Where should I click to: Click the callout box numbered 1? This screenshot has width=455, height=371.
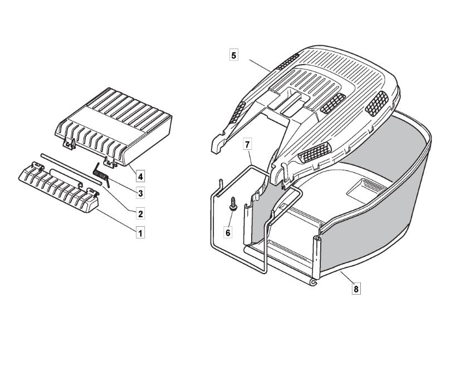(x=140, y=233)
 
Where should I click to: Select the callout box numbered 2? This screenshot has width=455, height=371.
(x=140, y=214)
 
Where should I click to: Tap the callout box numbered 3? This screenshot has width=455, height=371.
(x=140, y=193)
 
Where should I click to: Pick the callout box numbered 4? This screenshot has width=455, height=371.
(x=140, y=176)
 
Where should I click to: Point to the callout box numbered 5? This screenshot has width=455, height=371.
(x=234, y=55)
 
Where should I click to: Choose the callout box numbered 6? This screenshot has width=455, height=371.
(x=228, y=232)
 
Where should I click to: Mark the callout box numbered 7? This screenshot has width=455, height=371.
(x=247, y=144)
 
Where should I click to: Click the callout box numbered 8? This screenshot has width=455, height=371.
(x=356, y=289)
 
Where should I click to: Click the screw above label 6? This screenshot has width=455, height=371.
(x=233, y=204)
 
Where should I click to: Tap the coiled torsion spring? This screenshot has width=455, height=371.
(x=101, y=175)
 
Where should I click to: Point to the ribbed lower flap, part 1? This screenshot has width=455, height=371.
(x=58, y=187)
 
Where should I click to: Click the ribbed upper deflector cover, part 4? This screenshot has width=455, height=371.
(x=114, y=126)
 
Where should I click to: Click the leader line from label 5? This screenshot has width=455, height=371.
(x=260, y=66)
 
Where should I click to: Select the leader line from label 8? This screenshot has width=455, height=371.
(x=347, y=277)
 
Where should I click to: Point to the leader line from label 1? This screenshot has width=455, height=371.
(x=116, y=219)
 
